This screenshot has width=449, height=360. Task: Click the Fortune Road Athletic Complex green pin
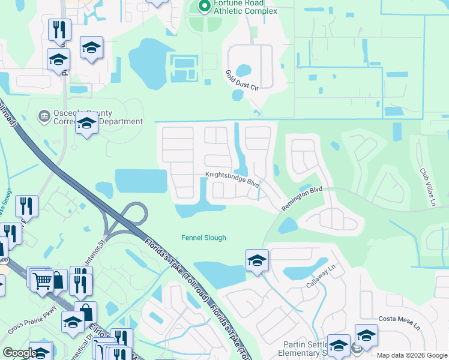[x=204, y=6]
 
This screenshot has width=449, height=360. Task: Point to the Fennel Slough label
[x=203, y=238]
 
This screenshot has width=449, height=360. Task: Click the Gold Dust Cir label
[x=242, y=80]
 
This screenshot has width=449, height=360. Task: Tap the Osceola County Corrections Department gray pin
[x=43, y=115]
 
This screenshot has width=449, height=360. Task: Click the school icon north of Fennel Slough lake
[x=257, y=260]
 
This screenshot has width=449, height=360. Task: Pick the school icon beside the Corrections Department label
[x=86, y=124]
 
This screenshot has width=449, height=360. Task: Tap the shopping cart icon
[x=42, y=280]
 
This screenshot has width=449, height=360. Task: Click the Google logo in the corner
[x=19, y=353]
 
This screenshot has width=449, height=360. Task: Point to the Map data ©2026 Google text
[x=411, y=355]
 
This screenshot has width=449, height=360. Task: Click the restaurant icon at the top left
[x=59, y=30]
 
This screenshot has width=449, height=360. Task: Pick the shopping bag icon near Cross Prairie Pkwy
[x=86, y=313]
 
